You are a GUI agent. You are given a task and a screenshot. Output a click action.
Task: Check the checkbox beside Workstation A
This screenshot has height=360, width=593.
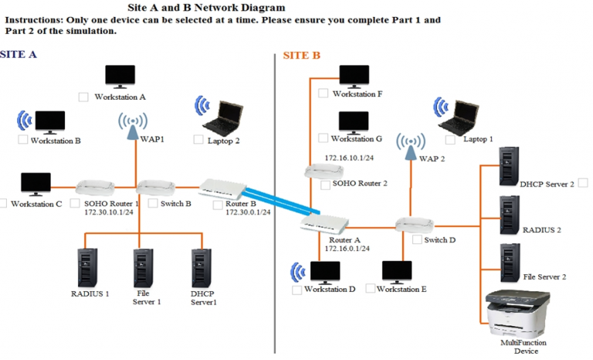pyautogui.click(x=83, y=97)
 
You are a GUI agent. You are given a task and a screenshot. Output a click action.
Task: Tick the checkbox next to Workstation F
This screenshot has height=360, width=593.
pyautogui.click(x=324, y=93)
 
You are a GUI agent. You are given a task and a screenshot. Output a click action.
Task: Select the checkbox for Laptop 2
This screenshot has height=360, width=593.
pyautogui.click(x=198, y=140)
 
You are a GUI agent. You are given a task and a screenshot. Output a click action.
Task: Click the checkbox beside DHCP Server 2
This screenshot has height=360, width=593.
pyautogui.click(x=583, y=183)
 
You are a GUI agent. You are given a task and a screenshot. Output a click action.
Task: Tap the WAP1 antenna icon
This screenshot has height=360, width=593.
pyautogui.click(x=134, y=123)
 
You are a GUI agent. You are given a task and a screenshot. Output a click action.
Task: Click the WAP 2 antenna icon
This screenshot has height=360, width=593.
pyautogui.click(x=411, y=144)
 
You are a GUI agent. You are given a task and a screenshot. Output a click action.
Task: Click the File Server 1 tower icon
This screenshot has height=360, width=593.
pyautogui.click(x=143, y=268)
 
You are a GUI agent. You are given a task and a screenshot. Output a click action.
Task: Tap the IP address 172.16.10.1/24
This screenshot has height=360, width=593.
pyautogui.click(x=349, y=158)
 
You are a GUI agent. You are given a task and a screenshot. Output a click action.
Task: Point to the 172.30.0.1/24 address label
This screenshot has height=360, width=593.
pyautogui.click(x=248, y=212)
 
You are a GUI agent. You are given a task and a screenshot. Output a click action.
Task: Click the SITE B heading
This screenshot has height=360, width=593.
pyautogui.click(x=301, y=56)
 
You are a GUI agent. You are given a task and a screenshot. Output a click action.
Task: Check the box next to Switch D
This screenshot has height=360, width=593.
pyautogui.click(x=417, y=239)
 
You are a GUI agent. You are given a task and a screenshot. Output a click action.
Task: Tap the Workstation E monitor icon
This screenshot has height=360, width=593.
pyautogui.click(x=397, y=271)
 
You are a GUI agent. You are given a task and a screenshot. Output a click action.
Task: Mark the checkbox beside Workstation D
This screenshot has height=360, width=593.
pyautogui.click(x=296, y=290)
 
